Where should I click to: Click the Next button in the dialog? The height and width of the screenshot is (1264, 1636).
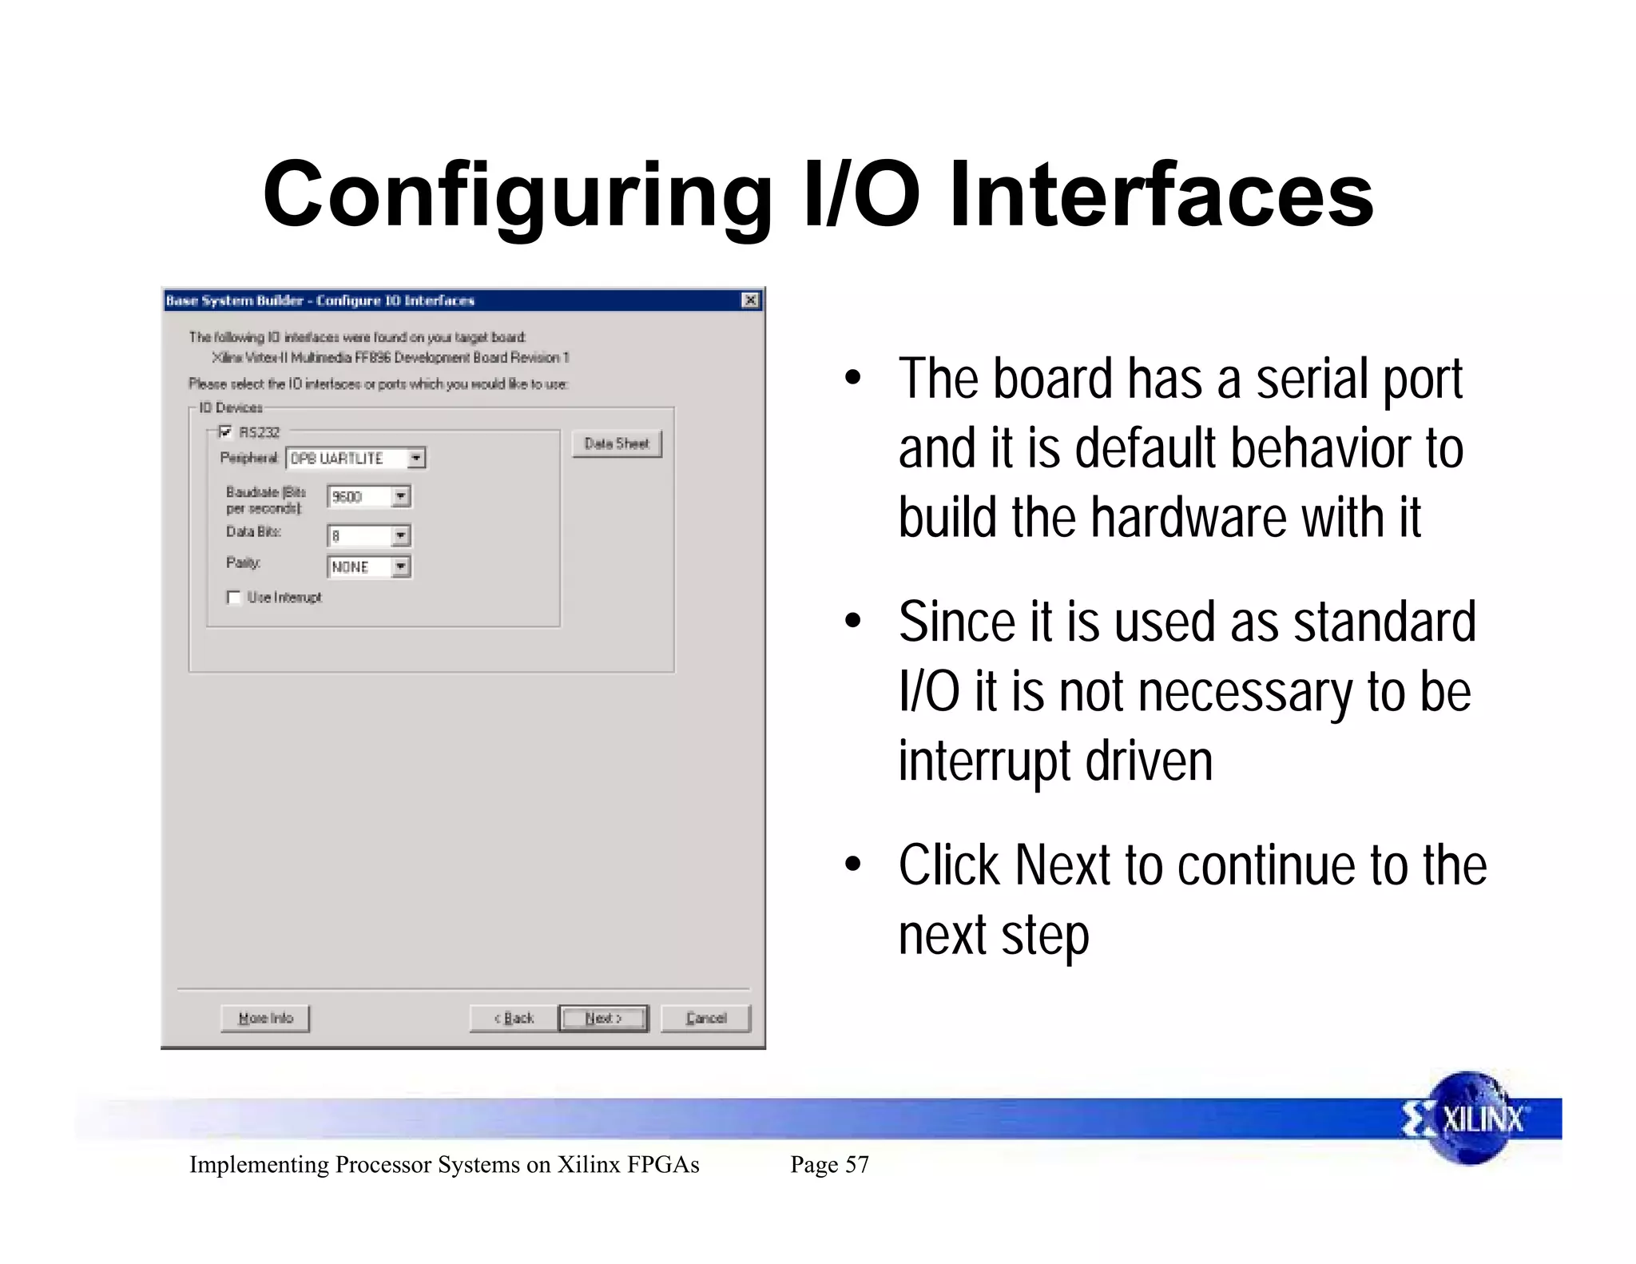tap(603, 1018)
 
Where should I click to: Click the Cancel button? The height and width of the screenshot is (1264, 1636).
tap(705, 1018)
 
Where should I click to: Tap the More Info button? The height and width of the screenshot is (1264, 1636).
tap(265, 1018)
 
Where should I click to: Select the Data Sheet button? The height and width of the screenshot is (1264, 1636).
tap(617, 443)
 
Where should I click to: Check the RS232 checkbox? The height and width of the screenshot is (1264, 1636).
tap(225, 432)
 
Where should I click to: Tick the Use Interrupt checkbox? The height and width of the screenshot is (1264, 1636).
tap(234, 597)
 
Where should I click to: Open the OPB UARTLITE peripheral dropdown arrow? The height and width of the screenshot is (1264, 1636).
tap(416, 459)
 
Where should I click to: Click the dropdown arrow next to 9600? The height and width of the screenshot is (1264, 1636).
tap(401, 497)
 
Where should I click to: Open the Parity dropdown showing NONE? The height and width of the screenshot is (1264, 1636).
tap(401, 567)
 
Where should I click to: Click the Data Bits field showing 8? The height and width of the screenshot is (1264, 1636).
tap(359, 536)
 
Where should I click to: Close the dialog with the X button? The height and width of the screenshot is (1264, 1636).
tap(750, 300)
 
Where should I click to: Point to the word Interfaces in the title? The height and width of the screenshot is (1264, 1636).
tap(1160, 196)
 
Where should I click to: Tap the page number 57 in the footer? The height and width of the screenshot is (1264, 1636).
tap(856, 1164)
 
